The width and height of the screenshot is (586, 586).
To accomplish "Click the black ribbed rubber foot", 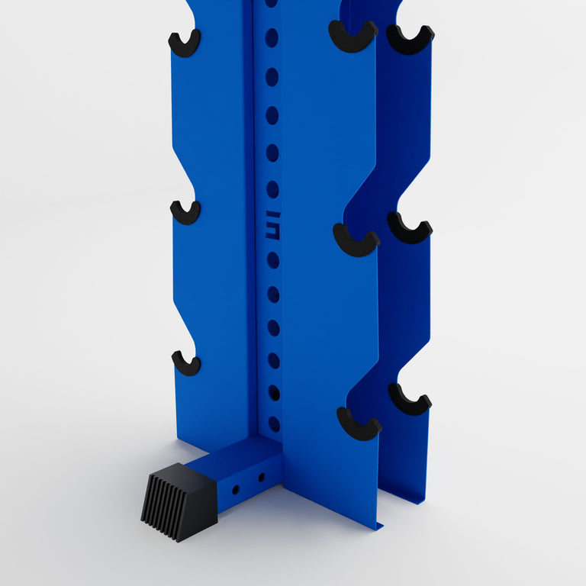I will point(178,500).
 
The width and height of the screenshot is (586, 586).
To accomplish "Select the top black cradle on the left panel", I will point(184,43).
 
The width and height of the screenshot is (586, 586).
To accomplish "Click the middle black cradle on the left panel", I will point(185,212).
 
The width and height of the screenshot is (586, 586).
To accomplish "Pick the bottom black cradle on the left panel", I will point(185,363).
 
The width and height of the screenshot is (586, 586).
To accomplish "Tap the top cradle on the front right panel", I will point(353,37).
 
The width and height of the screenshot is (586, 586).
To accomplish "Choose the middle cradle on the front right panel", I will point(356,241).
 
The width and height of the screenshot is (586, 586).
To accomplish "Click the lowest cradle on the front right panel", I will point(358,424).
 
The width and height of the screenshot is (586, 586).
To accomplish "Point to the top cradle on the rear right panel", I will point(410,40).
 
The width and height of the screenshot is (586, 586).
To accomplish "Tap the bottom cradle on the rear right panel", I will point(409,400).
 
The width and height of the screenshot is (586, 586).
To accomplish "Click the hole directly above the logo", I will point(272,189).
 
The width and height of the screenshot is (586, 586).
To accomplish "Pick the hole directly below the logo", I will point(272,260).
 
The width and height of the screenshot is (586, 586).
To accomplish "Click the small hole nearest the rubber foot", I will point(236,488).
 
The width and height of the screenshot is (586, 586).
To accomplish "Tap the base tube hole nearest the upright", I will point(262,478).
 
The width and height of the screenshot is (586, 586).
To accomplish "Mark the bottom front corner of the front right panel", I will point(379,526).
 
